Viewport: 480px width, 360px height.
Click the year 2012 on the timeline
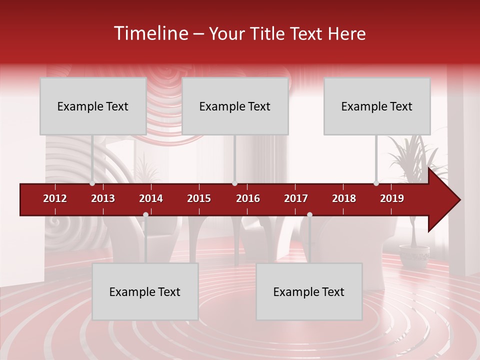click(55, 198)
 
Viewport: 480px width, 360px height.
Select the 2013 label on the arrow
click(103, 198)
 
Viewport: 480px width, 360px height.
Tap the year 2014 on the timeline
click(151, 198)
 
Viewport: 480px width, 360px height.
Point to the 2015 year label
click(199, 198)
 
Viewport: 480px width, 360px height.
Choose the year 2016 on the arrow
click(248, 198)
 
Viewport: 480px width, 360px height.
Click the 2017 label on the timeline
click(296, 198)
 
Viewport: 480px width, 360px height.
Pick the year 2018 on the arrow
click(344, 198)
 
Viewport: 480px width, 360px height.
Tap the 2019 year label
click(392, 198)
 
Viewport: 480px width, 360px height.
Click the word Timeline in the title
click(150, 33)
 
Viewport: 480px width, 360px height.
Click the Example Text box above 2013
click(93, 106)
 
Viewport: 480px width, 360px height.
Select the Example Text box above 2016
click(235, 106)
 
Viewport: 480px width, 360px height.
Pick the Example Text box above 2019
click(377, 106)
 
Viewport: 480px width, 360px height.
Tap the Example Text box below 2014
click(145, 291)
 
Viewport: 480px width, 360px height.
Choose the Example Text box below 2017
click(309, 291)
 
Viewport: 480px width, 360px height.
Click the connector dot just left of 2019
click(376, 183)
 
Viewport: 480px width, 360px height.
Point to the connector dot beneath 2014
click(145, 215)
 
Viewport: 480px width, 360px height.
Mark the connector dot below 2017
click(309, 215)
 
